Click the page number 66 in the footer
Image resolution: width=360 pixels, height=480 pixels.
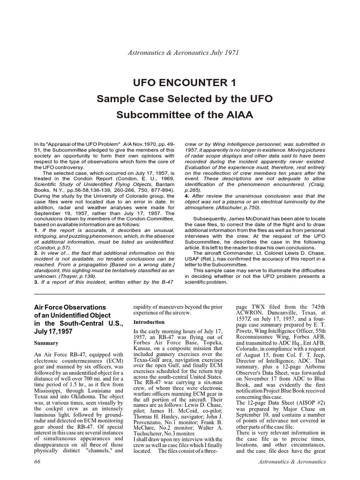(38, 462)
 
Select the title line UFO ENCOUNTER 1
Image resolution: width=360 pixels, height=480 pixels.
(180, 83)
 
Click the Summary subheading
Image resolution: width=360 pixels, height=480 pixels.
(46, 343)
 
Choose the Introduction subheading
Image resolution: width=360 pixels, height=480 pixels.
(149, 322)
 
